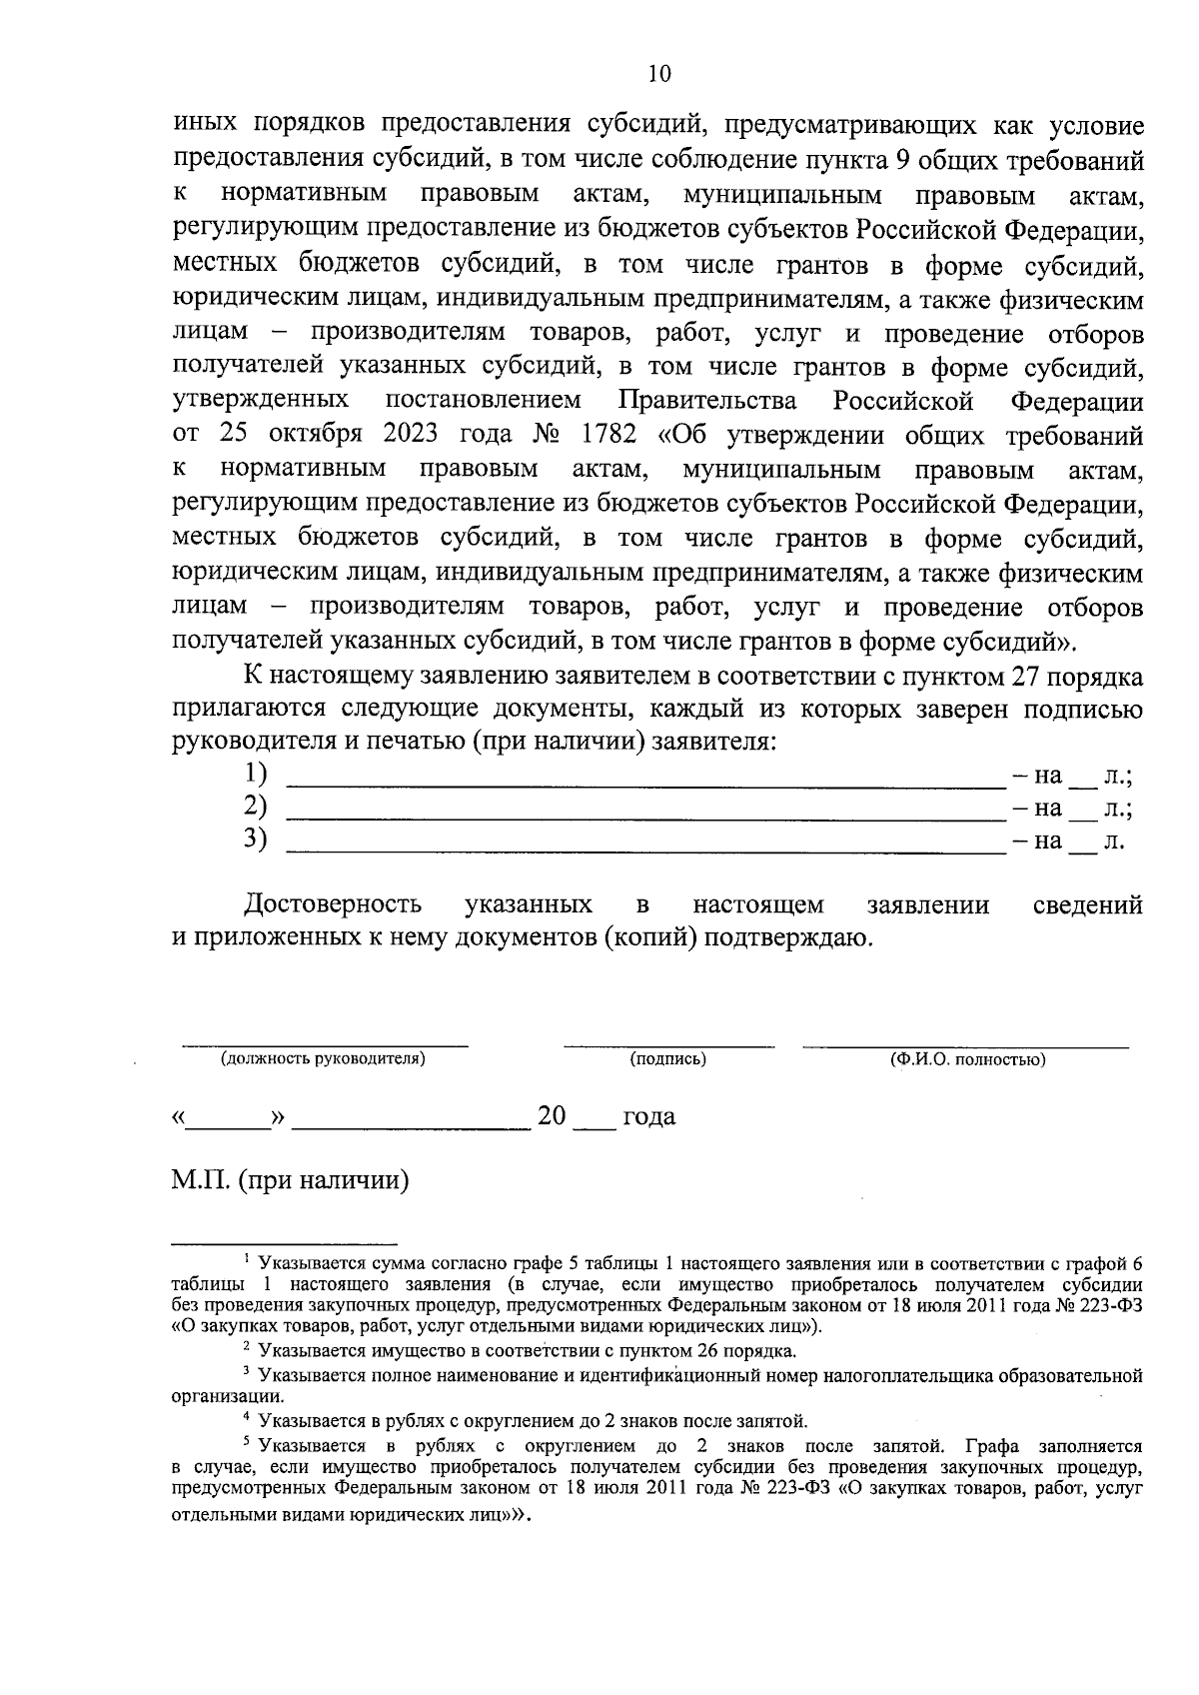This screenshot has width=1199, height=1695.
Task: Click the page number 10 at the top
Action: [x=658, y=73]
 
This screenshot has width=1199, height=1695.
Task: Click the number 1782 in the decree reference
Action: [x=602, y=436]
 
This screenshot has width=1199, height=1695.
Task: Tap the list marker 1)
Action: [x=257, y=773]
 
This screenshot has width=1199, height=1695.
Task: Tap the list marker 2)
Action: [x=257, y=807]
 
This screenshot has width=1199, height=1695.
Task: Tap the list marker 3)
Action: [x=257, y=840]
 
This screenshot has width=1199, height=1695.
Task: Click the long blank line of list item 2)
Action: [x=644, y=818]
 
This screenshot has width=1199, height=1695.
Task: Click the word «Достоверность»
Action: [x=333, y=904]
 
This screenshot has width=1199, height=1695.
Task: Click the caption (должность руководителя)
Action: [x=324, y=1059]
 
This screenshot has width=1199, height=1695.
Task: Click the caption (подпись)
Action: [x=667, y=1059]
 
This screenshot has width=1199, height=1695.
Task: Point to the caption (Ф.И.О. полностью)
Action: [x=967, y=1059]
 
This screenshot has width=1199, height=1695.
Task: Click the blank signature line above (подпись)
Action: [x=667, y=1045]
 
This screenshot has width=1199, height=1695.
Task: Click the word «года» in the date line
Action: [x=647, y=1116]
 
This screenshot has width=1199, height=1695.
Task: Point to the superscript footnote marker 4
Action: [x=246, y=1417]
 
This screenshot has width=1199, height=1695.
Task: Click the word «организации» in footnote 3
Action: [x=226, y=1397]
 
